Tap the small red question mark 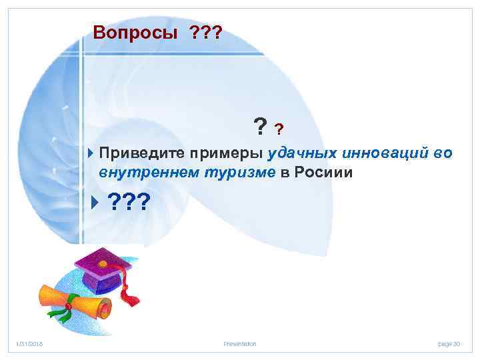[279, 128]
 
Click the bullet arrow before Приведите [91, 154]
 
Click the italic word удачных [301, 154]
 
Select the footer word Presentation [240, 344]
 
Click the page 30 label [449, 344]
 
